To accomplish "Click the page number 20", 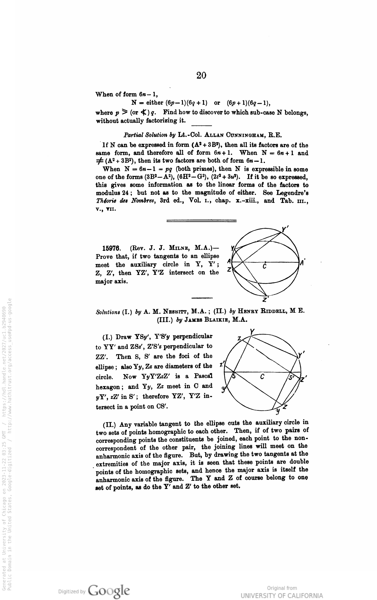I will [201, 75].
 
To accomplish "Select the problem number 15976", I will [112, 249].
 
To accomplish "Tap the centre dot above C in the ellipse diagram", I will [265, 262].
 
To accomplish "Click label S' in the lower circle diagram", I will [291, 377].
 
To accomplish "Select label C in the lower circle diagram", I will [263, 377].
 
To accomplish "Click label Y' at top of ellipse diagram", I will [284, 230].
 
